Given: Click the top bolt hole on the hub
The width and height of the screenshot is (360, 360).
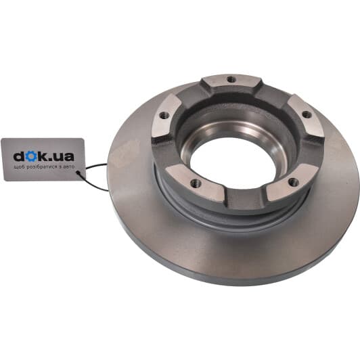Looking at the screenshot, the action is click(231, 79).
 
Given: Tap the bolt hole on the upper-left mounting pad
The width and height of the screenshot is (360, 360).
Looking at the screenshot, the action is click(164, 116).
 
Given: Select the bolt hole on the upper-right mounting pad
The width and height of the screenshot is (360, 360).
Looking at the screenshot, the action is click(307, 114).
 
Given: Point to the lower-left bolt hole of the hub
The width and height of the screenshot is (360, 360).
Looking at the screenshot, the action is click(196, 183).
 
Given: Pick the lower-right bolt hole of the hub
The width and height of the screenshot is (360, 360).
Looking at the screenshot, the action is click(294, 182).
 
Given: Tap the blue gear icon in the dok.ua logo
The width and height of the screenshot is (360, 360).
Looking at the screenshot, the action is click(30, 156).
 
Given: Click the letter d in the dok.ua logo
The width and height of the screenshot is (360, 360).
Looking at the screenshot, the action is click(19, 156).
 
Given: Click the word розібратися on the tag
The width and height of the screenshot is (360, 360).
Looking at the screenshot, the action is click(39, 167).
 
